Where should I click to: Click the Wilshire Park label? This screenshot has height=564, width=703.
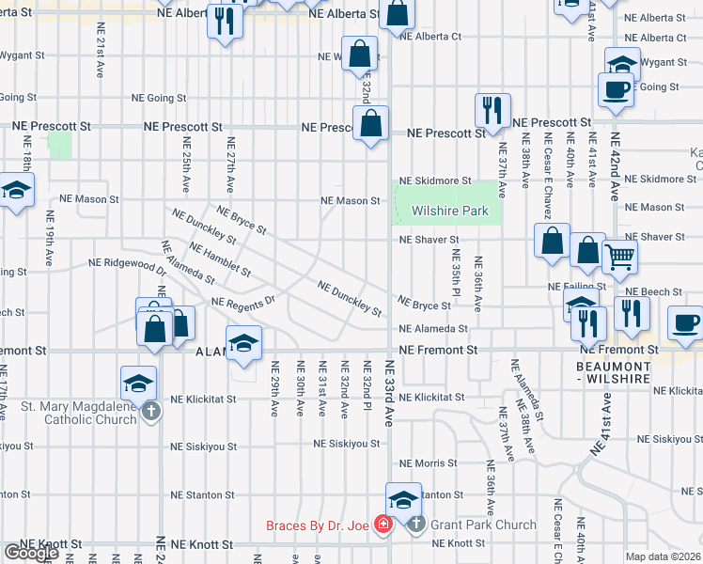449,211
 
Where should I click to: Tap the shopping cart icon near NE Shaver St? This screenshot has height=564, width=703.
619,255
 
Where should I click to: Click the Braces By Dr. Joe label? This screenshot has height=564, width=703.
319,525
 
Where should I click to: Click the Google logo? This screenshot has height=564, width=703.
30,552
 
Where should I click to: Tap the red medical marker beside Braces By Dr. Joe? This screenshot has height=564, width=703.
383,525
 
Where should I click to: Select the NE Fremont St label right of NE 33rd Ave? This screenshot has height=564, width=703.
438,350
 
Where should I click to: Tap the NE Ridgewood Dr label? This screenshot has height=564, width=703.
127,263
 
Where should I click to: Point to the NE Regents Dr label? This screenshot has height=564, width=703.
242,303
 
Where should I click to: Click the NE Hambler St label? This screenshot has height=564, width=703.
220,260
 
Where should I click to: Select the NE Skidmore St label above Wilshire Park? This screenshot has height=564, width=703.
435,180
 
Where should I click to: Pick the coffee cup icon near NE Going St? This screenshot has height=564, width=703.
616,90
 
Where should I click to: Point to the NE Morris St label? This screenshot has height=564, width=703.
428,463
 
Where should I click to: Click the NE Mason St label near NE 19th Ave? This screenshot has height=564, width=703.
89,199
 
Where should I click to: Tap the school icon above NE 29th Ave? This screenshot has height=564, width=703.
243,343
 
